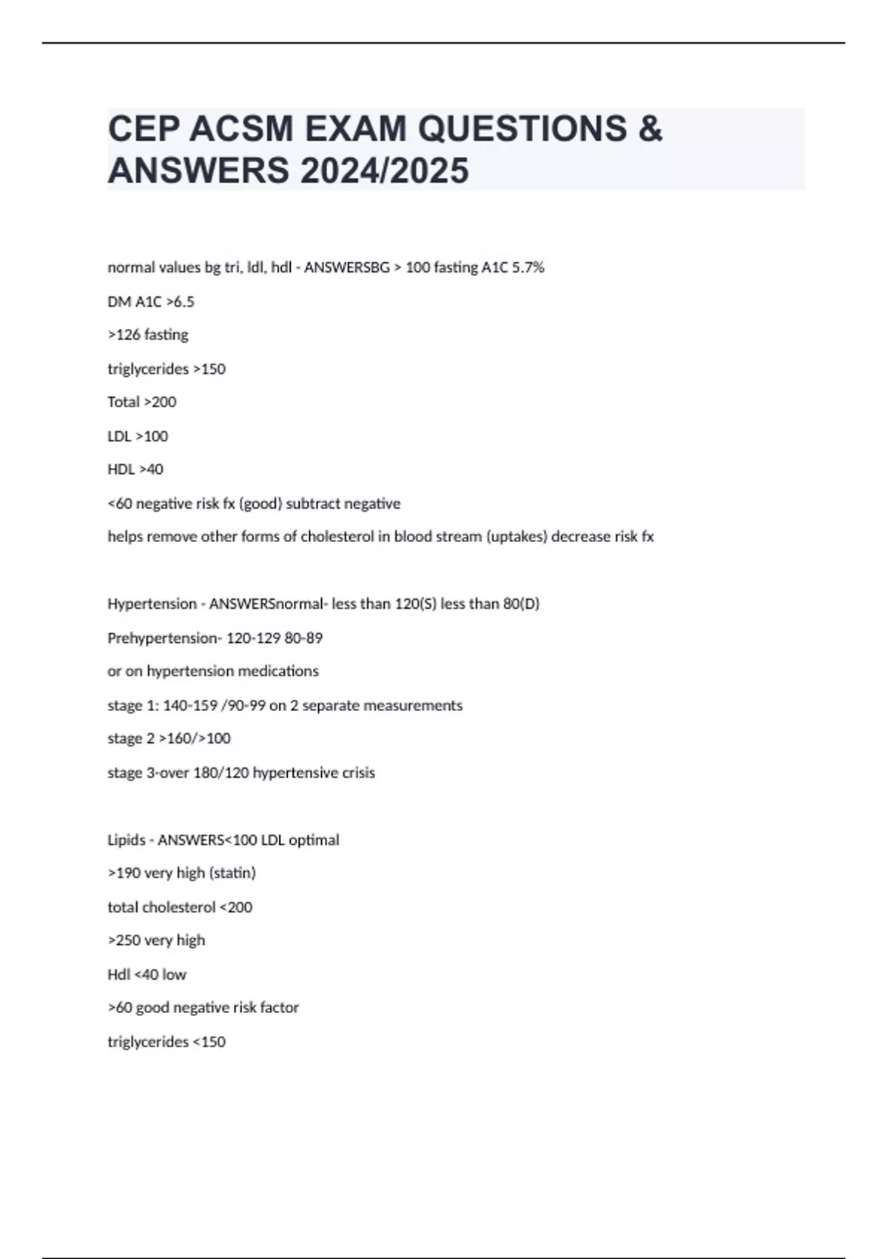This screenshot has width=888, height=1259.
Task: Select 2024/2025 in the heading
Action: [x=384, y=171]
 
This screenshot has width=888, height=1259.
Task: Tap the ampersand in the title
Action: [x=649, y=129]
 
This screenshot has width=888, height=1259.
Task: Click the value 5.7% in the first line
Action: [x=528, y=267]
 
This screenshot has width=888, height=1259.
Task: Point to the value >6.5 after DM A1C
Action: [x=181, y=301]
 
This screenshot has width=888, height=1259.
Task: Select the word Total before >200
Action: [x=123, y=402]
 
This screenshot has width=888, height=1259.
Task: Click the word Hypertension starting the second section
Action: [x=151, y=604]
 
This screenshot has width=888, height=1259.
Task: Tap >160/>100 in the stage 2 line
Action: [x=195, y=738]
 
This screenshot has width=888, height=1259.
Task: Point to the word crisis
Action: [x=358, y=772]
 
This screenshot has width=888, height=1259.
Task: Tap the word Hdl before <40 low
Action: [x=118, y=975]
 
